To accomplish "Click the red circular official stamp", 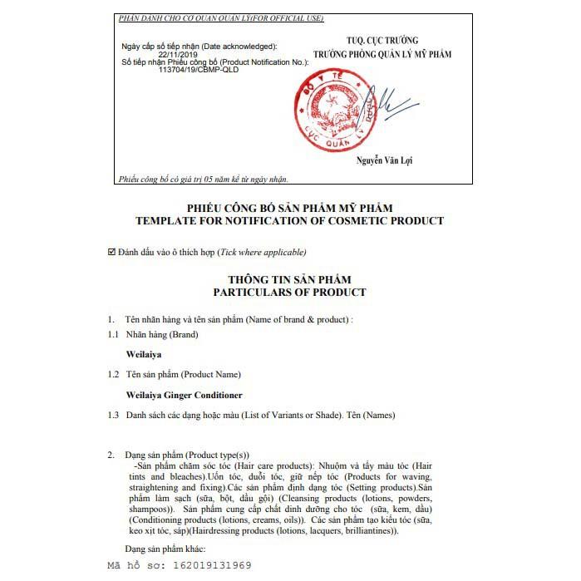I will click(x=339, y=119).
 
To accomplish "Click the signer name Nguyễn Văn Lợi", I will click(x=385, y=160).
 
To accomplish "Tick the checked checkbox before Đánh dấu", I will click(x=112, y=251).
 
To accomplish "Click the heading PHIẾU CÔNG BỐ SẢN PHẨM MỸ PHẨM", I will click(x=289, y=208).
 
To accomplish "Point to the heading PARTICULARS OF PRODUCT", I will click(x=289, y=293).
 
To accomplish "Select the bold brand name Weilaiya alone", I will click(x=143, y=354).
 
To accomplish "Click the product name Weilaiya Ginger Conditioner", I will click(x=184, y=395).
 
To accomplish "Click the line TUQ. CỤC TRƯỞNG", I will click(x=382, y=41).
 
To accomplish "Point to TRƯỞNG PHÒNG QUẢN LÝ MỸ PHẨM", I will click(x=382, y=54).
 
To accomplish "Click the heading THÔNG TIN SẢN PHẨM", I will click(x=289, y=280).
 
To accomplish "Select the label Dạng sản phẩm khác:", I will click(x=164, y=549).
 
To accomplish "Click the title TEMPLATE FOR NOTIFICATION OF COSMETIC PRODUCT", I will click(x=289, y=220).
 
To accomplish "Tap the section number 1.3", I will click(x=113, y=415).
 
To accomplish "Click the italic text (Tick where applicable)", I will click(x=263, y=252).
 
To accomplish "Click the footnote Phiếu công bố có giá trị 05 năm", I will click(x=203, y=179).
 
